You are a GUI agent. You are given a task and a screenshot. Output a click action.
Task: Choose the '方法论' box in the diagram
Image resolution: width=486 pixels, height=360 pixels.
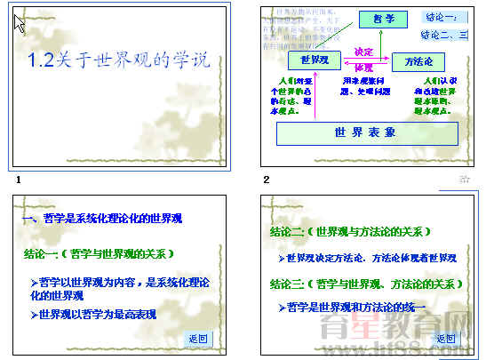[x=418, y=60]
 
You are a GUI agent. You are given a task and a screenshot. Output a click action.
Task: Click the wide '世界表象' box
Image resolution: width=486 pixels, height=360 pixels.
[x=366, y=132]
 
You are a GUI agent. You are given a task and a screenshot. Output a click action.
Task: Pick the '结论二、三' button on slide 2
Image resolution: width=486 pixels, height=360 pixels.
[x=442, y=35]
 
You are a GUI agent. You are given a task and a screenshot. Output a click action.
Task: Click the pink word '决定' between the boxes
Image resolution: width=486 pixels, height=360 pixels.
[x=363, y=52]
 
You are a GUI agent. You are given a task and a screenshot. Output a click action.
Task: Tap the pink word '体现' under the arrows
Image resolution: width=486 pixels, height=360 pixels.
[x=363, y=68]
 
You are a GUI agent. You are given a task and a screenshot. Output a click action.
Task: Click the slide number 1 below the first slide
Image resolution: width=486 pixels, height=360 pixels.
[x=18, y=180]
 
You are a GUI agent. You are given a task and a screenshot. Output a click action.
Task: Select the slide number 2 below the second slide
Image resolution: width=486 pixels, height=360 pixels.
[x=266, y=180]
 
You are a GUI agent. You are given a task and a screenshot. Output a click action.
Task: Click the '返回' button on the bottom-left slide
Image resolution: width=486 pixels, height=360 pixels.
[x=197, y=339]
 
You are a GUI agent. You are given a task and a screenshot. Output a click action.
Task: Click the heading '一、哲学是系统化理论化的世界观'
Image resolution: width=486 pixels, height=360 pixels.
[x=108, y=218]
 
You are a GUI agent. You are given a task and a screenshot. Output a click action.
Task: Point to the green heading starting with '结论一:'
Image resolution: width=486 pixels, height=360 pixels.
[x=99, y=253]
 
